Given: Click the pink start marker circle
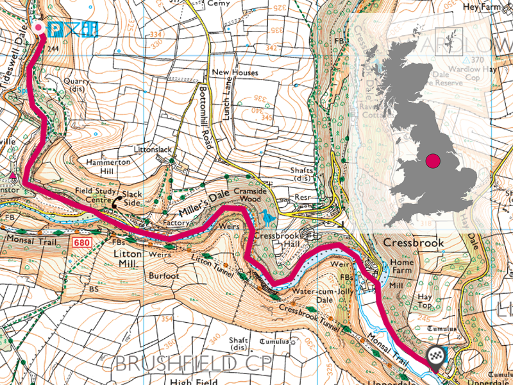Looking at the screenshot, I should point(39,28).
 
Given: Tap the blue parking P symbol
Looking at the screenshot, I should point(55,29).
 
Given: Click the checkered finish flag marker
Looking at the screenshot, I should point(437,358).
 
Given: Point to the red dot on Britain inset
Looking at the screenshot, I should point(433,160).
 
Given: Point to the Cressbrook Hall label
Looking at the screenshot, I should point(274,241).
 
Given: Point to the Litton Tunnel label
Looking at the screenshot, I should point(215,265).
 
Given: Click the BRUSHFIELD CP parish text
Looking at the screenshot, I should point(193,363).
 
